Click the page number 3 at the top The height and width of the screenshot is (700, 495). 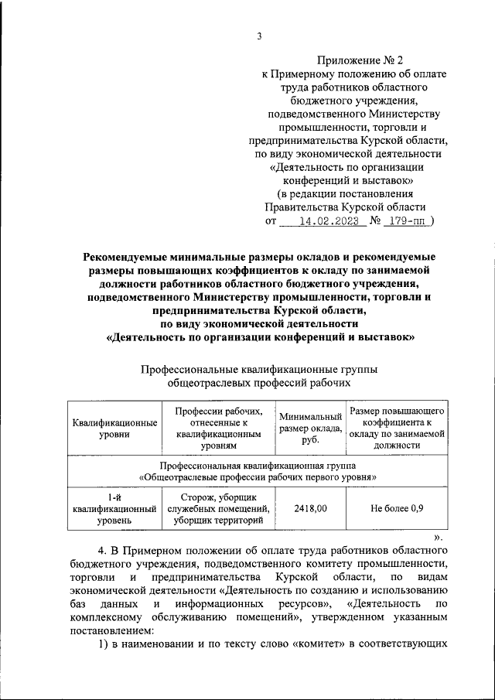point(260,36)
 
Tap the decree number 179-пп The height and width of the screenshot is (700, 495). point(407,220)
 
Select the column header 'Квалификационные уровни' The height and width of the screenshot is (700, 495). point(114,429)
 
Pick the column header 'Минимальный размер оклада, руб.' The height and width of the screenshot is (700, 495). point(310,429)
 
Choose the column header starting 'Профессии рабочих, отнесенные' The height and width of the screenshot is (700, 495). point(219,429)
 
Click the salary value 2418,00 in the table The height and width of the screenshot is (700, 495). point(310,508)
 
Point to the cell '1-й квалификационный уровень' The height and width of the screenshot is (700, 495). point(114,508)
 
